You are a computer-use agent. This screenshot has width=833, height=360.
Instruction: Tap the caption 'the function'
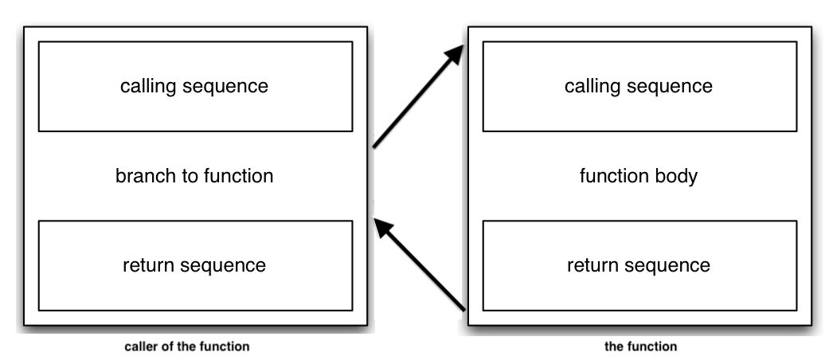[640, 346]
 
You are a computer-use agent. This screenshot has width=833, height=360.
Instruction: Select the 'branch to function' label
[194, 176]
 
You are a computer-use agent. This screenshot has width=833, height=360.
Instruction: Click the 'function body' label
[639, 176]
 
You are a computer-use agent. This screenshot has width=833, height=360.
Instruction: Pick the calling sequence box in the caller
[195, 86]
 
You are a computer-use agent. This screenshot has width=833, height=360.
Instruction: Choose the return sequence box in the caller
[195, 265]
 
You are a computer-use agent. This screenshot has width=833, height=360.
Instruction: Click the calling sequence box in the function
[639, 86]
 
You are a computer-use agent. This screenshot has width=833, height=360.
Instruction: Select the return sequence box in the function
[639, 265]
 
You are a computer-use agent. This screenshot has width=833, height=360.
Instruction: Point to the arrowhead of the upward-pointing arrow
[455, 55]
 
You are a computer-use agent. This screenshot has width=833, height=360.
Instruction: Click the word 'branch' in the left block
[140, 176]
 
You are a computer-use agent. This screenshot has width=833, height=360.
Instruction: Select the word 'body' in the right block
[678, 176]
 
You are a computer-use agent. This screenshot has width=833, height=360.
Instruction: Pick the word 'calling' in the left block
[147, 86]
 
